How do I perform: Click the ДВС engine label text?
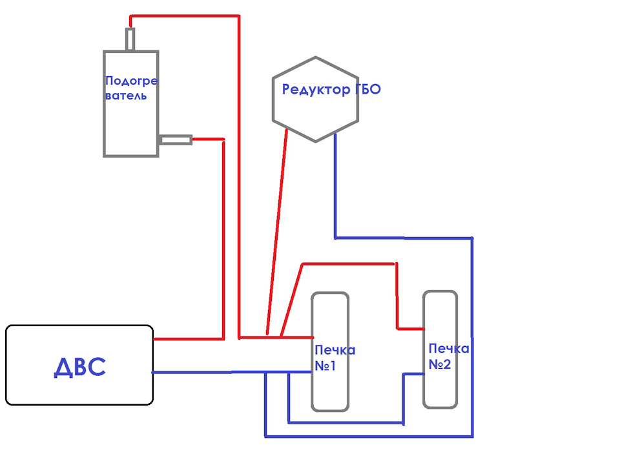79,367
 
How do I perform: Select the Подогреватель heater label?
131,88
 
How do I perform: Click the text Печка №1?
334,357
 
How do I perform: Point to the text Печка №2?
448,356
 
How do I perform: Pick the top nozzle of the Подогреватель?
130,39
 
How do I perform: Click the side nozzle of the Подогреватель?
175,139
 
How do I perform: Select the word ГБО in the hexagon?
367,89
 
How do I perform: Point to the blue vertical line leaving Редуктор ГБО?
335,187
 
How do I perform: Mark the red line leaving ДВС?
187,338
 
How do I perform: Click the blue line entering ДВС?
191,373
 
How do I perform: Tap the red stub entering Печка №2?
409,327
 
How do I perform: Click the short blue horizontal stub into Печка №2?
413,374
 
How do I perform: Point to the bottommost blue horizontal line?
368,436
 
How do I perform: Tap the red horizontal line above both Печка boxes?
349,263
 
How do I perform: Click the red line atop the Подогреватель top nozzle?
184,16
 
